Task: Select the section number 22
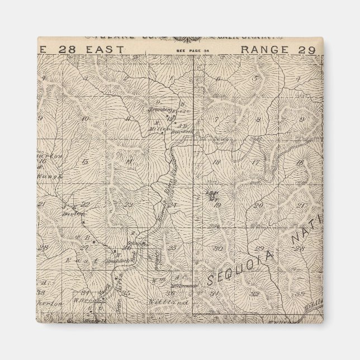point(86,204)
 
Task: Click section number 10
point(84,119)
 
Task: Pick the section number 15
point(85,162)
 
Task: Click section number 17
point(255,162)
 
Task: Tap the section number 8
point(258,120)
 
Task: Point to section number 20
point(258,206)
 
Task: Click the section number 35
point(126,292)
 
